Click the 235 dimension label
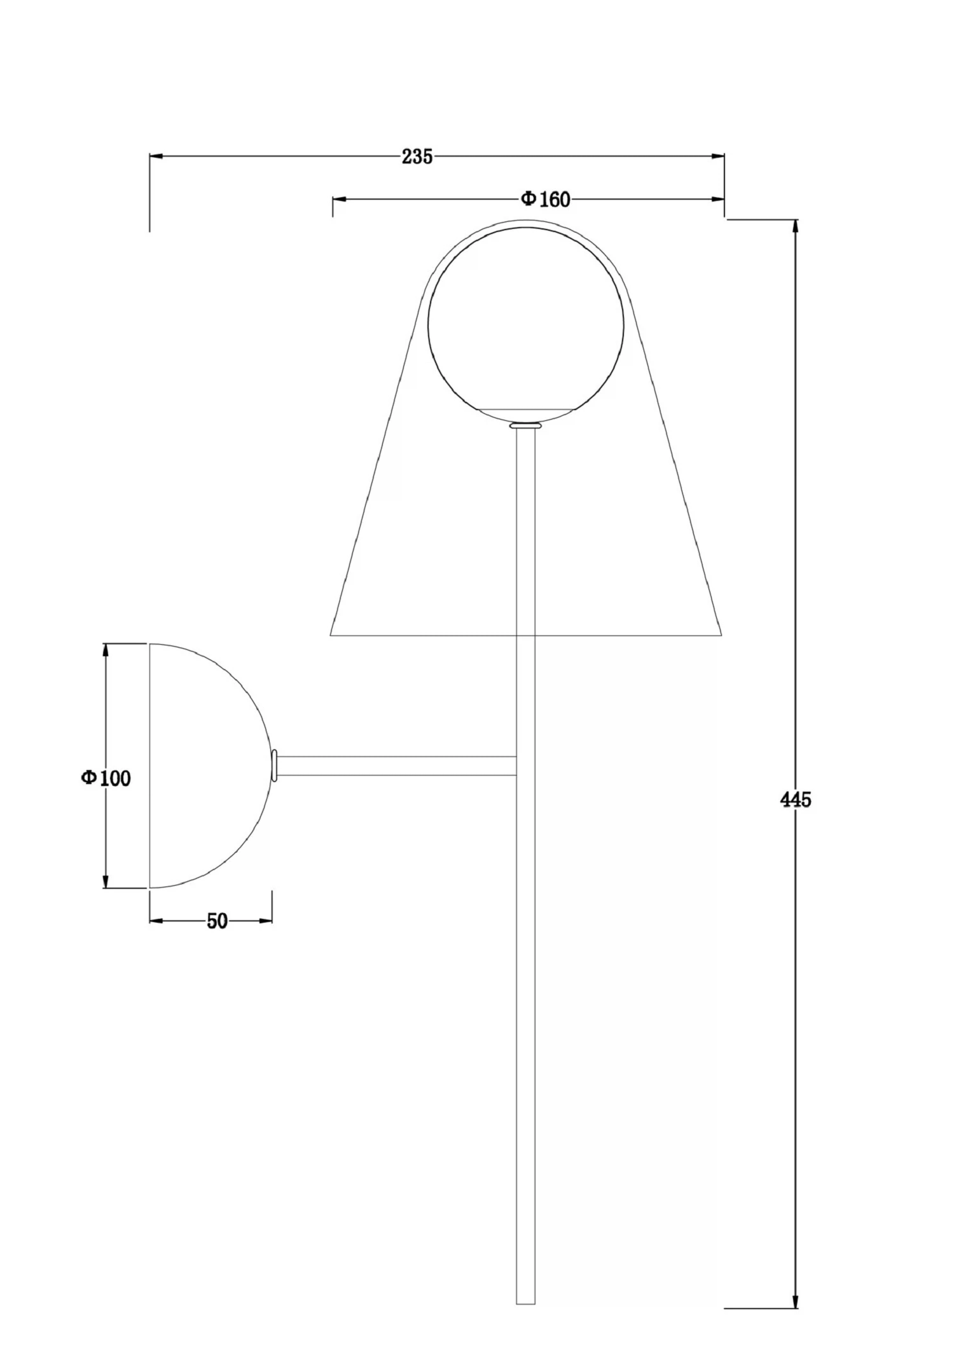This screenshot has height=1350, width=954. (x=417, y=156)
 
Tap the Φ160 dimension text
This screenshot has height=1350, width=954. (x=546, y=200)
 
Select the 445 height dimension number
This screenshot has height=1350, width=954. (x=796, y=799)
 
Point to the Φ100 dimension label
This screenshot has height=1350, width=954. (x=106, y=778)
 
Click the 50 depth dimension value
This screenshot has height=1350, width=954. (x=217, y=921)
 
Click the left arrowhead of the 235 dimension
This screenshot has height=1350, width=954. (x=156, y=156)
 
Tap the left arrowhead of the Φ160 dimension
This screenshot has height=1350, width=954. (x=340, y=200)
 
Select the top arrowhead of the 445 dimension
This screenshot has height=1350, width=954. (x=795, y=227)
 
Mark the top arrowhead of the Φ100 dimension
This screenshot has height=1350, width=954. (x=106, y=651)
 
